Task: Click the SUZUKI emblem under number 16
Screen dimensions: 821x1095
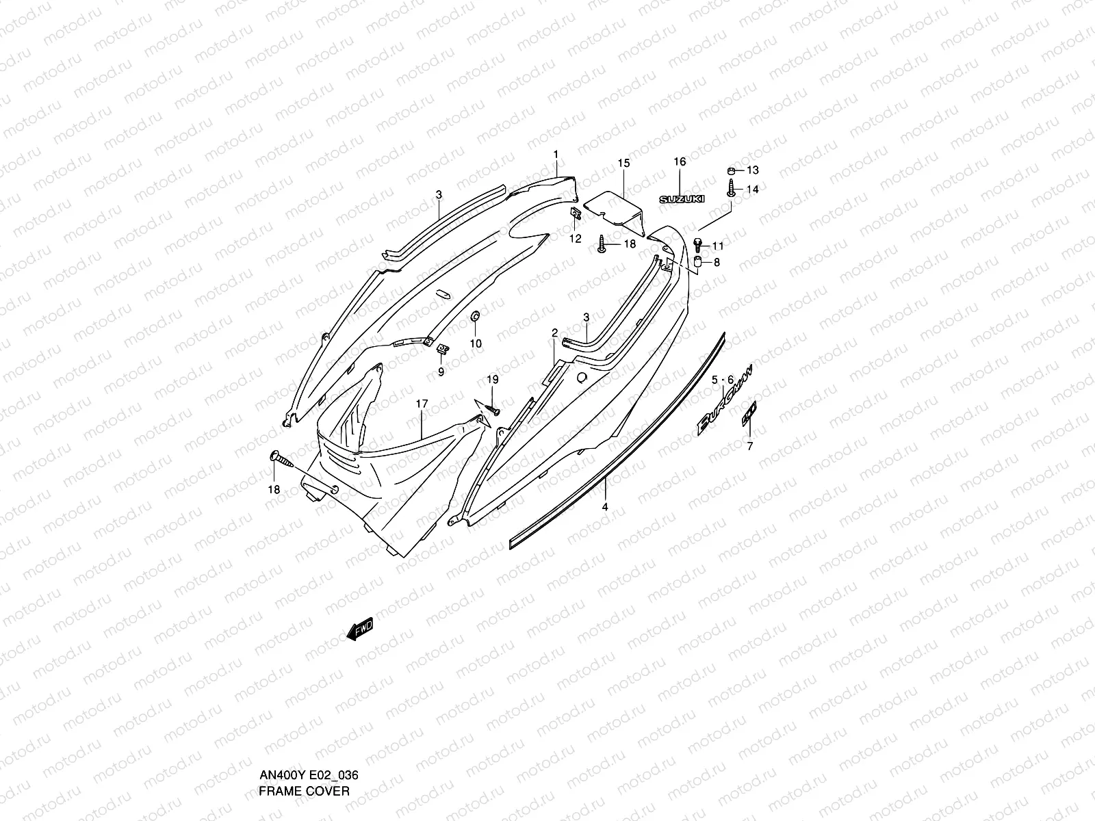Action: [681, 198]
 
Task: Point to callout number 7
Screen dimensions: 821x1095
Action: [749, 447]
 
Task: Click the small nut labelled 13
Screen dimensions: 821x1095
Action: [732, 170]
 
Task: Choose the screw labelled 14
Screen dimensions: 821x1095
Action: [732, 188]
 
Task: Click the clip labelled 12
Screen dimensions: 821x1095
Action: [576, 214]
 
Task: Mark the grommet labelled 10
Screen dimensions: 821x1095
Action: [474, 317]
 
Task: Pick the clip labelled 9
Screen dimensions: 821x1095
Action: [443, 349]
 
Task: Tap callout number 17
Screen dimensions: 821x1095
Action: [422, 404]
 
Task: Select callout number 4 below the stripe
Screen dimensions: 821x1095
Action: [604, 507]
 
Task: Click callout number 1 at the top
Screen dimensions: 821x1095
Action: [556, 154]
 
